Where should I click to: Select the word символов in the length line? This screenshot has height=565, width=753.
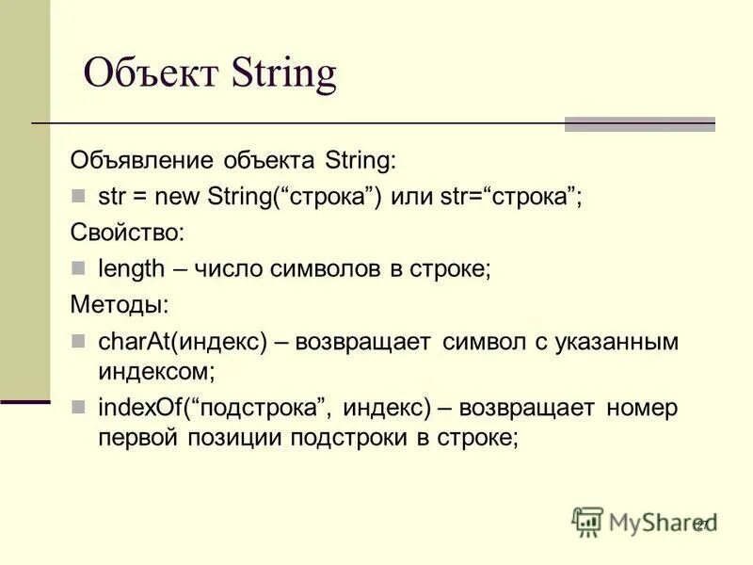click(x=336, y=268)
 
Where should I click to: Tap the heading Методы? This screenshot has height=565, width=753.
click(x=120, y=304)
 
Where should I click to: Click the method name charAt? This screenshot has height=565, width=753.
click(x=129, y=341)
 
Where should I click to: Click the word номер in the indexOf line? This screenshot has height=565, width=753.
click(x=642, y=408)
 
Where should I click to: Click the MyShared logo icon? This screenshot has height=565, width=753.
click(x=587, y=522)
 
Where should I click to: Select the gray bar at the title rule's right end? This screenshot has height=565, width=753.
click(x=639, y=124)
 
